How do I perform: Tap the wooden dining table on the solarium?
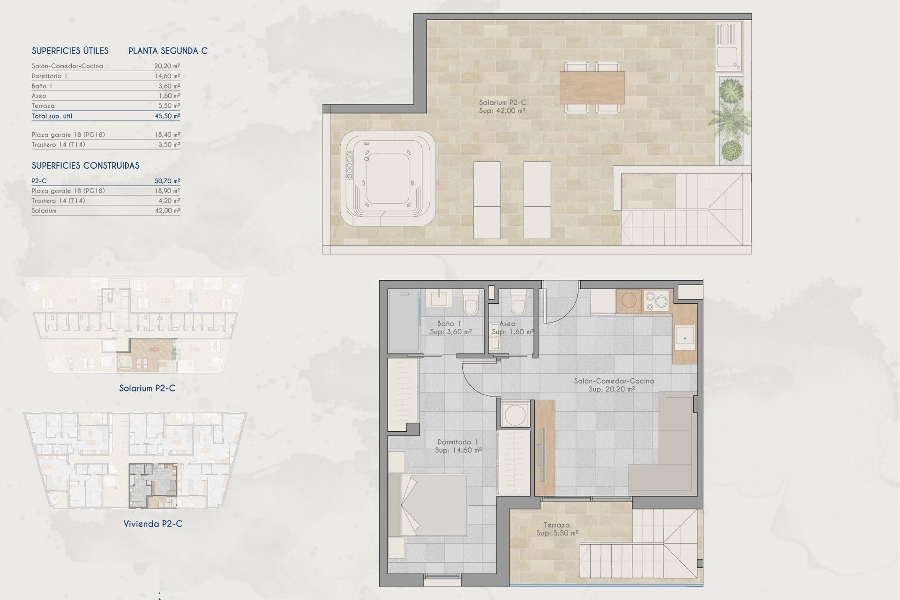592,87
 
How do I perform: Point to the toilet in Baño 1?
471,302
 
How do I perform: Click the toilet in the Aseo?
518,302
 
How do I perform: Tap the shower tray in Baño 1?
404,321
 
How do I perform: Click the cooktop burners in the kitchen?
656,301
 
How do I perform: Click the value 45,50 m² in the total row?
167,116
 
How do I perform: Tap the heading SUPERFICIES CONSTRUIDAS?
85,165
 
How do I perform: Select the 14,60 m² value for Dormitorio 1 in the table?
167,76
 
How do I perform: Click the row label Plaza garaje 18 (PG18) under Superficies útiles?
68,135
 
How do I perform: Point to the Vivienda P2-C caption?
153,524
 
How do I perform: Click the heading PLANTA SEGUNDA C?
168,51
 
